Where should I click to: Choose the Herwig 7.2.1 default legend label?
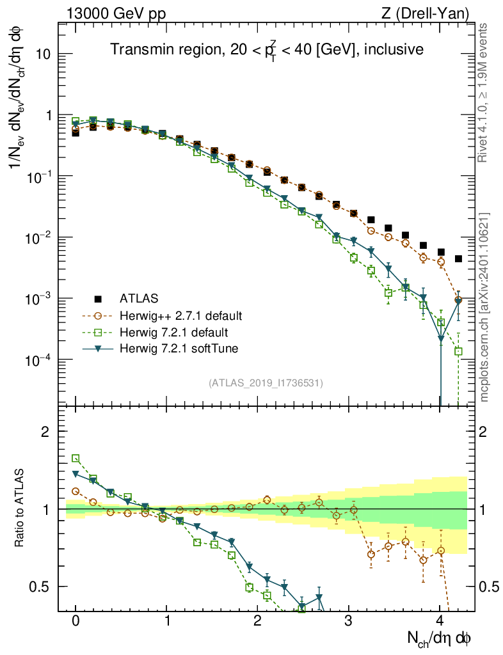(174, 332)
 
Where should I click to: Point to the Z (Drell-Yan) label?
(432, 13)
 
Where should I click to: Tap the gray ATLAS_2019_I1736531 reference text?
(266, 383)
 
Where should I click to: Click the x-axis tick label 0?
(76, 620)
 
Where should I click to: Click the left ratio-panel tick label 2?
(45, 432)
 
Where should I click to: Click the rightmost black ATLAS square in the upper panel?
(458, 258)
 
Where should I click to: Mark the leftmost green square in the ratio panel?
(76, 458)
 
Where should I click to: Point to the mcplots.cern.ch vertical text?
(484, 307)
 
